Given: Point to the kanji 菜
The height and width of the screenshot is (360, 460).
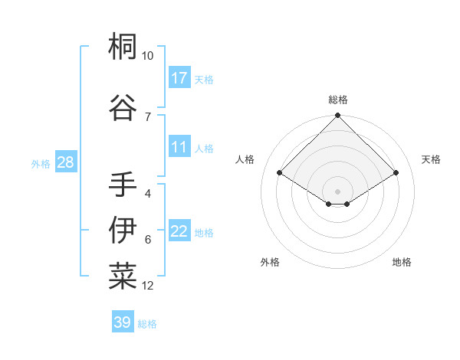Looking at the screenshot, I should tap(123, 277).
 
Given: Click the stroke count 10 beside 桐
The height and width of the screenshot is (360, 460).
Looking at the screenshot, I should tap(147, 56).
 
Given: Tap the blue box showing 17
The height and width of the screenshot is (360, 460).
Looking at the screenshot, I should tap(179, 78).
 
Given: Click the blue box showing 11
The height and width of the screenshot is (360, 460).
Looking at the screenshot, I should tap(179, 147).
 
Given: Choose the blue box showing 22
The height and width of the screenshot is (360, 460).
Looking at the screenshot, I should tap(179, 231).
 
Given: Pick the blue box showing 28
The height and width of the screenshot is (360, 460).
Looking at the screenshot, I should tap(65, 162).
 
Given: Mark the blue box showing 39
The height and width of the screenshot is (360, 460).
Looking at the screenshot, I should tap(122, 322).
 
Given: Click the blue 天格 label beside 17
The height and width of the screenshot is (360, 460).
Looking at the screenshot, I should tap(204, 80).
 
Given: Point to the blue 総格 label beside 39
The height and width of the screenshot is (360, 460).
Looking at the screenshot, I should tap(147, 324).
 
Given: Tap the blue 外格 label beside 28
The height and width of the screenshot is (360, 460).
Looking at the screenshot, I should tap(41, 164).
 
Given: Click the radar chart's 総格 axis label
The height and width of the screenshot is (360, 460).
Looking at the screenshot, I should tap(337, 100).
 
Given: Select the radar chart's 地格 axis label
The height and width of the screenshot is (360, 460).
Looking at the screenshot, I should tap(402, 262).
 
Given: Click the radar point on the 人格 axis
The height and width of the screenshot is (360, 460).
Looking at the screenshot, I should tap(280, 173).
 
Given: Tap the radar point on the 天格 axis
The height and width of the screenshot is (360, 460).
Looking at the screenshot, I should tap(396, 173).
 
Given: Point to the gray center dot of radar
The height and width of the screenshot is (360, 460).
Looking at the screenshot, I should tap(337, 191).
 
